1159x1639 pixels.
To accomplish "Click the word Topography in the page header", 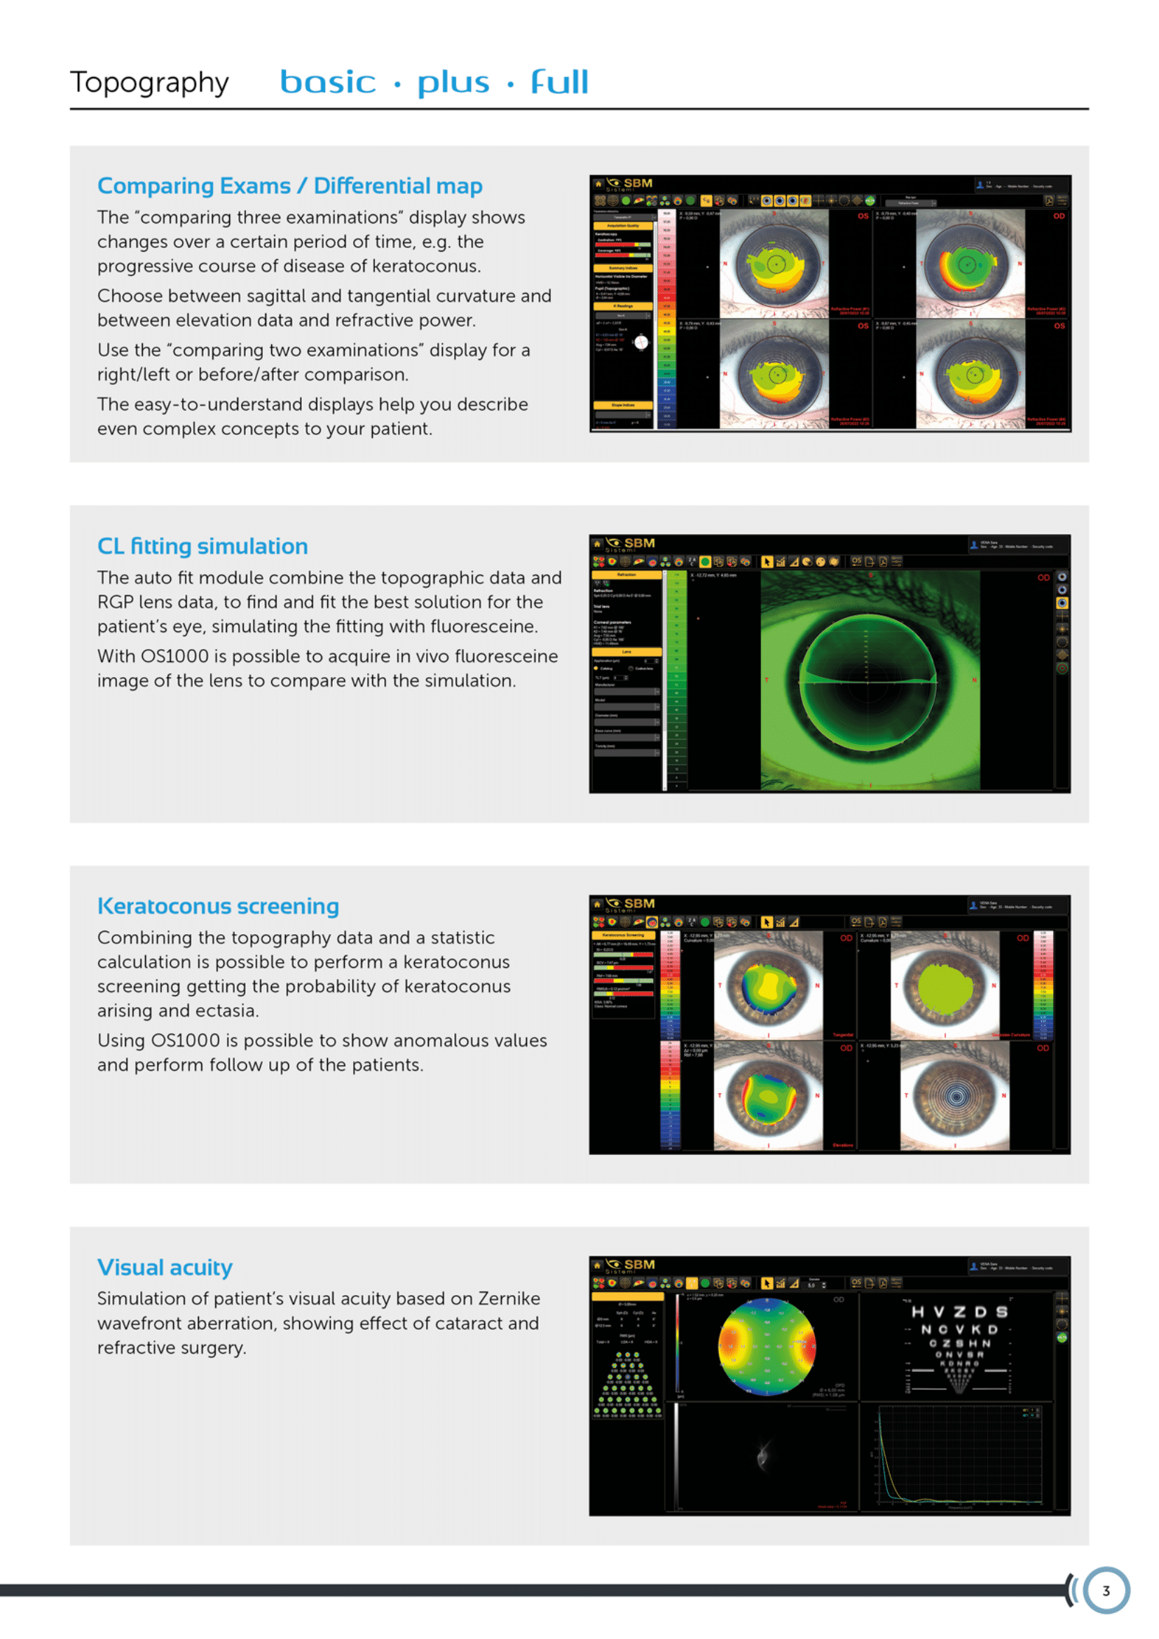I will tap(149, 83).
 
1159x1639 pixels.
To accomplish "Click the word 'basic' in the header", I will tap(327, 82).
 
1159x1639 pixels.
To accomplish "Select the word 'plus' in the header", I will tap(453, 83).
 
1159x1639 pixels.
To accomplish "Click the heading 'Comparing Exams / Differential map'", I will tap(290, 186).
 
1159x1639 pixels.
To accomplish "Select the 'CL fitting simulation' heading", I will tap(203, 546).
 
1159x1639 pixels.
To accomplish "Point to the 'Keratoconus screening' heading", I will tap(218, 906).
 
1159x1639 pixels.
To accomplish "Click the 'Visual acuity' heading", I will tap(165, 1267).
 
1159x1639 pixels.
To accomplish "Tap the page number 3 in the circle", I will tap(1106, 1591).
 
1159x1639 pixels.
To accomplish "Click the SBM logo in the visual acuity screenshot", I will tap(631, 1265).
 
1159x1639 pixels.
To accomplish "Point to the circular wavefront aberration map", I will tap(767, 1346).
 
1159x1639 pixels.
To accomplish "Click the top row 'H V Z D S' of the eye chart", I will tap(959, 1312).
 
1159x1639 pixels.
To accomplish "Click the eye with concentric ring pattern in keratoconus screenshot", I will tap(955, 1096).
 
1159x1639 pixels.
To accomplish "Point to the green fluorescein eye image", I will tap(869, 680).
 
